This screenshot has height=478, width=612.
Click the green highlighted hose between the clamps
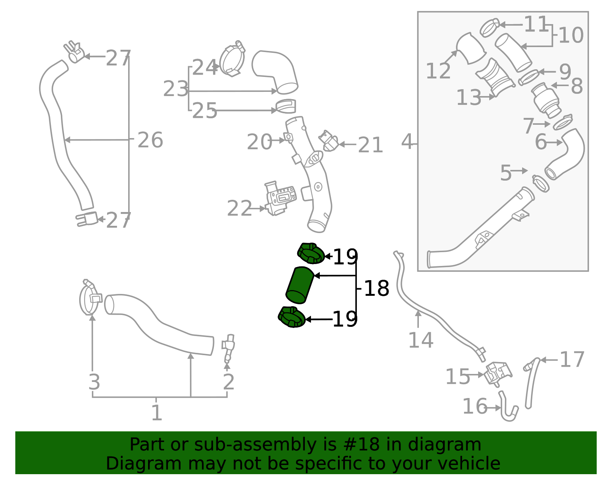[299, 285]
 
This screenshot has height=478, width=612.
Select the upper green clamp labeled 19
[311, 254]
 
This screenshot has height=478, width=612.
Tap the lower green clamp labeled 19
[291, 317]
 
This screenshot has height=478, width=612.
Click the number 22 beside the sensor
[239, 209]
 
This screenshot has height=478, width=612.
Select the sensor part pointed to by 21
[329, 141]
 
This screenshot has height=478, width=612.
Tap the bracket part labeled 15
[498, 373]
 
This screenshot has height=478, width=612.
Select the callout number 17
[572, 359]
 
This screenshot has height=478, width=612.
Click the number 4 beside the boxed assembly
[407, 142]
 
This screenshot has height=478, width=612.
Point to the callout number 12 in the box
[438, 71]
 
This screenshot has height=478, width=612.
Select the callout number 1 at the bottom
[156, 413]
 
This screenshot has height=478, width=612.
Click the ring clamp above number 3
[90, 299]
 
